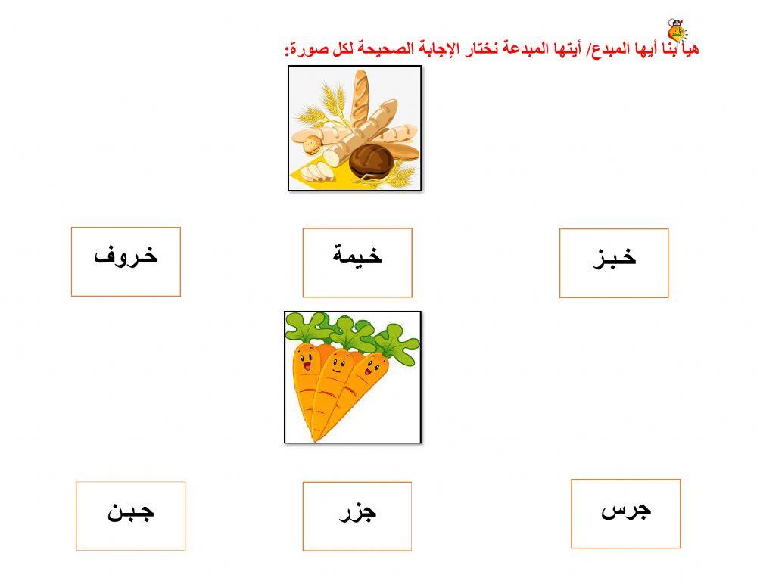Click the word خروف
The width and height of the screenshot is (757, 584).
point(126,256)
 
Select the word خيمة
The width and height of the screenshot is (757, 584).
point(357,256)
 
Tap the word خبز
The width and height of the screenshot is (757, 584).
point(614,258)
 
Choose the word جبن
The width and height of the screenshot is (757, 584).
point(130,511)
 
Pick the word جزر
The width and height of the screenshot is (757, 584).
point(357,513)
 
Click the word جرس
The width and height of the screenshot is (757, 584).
point(626,510)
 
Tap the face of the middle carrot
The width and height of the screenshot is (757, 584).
point(341,364)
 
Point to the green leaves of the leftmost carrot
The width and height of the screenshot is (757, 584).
point(307,327)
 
